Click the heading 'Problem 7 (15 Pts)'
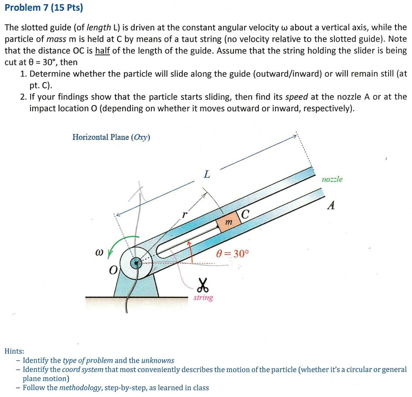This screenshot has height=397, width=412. [44, 7]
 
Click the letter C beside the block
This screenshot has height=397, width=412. [245, 214]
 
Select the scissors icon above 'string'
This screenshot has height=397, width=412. [202, 284]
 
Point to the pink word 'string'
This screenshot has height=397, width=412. [203, 298]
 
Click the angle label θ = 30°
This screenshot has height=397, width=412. [233, 253]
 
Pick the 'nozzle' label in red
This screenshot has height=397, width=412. [332, 180]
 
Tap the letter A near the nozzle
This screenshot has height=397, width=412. [330, 206]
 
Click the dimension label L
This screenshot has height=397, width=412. [207, 175]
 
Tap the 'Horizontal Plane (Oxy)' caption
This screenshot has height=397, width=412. [111, 137]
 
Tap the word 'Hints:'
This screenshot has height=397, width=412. [14, 351]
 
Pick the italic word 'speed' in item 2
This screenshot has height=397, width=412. [297, 97]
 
